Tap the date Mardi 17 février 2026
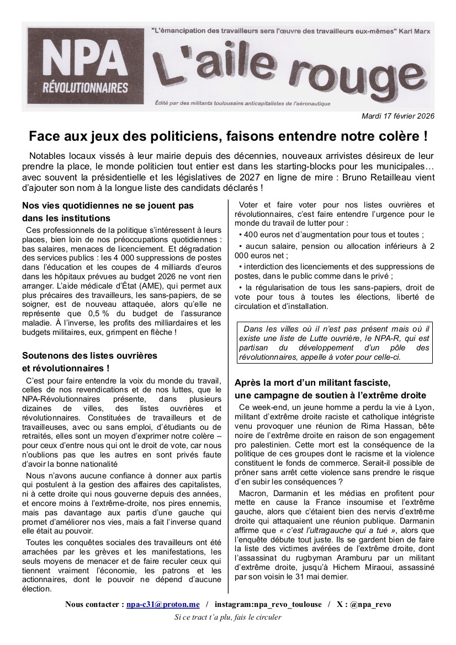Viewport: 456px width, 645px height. tap(398, 116)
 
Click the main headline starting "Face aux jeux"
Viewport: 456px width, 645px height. tap(228, 136)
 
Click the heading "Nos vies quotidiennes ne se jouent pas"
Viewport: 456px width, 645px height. tap(108, 205)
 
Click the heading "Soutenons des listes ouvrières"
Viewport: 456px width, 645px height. tap(89, 355)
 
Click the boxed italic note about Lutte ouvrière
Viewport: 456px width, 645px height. tap(334, 343)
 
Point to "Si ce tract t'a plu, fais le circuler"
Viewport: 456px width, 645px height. tap(228, 617)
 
